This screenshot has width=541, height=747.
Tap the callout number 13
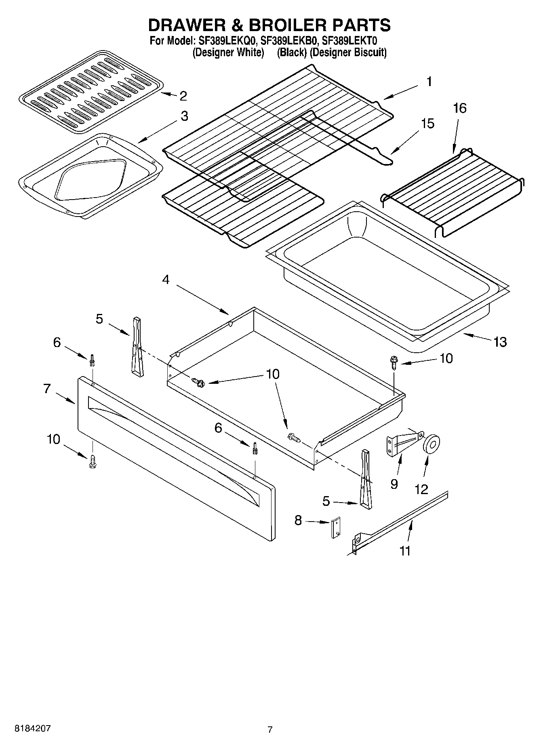500,342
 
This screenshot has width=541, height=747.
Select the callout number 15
427,124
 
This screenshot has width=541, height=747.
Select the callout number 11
405,551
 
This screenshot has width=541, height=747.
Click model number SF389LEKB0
289,41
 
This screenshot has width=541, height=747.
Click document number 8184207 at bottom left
33,729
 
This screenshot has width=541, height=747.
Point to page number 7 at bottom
270,730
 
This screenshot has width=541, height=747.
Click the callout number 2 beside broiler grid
183,96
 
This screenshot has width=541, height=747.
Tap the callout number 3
184,116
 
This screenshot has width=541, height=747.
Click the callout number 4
166,280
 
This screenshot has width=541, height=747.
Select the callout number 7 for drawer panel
47,389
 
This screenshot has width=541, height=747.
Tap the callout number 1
429,82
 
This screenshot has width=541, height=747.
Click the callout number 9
394,484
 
